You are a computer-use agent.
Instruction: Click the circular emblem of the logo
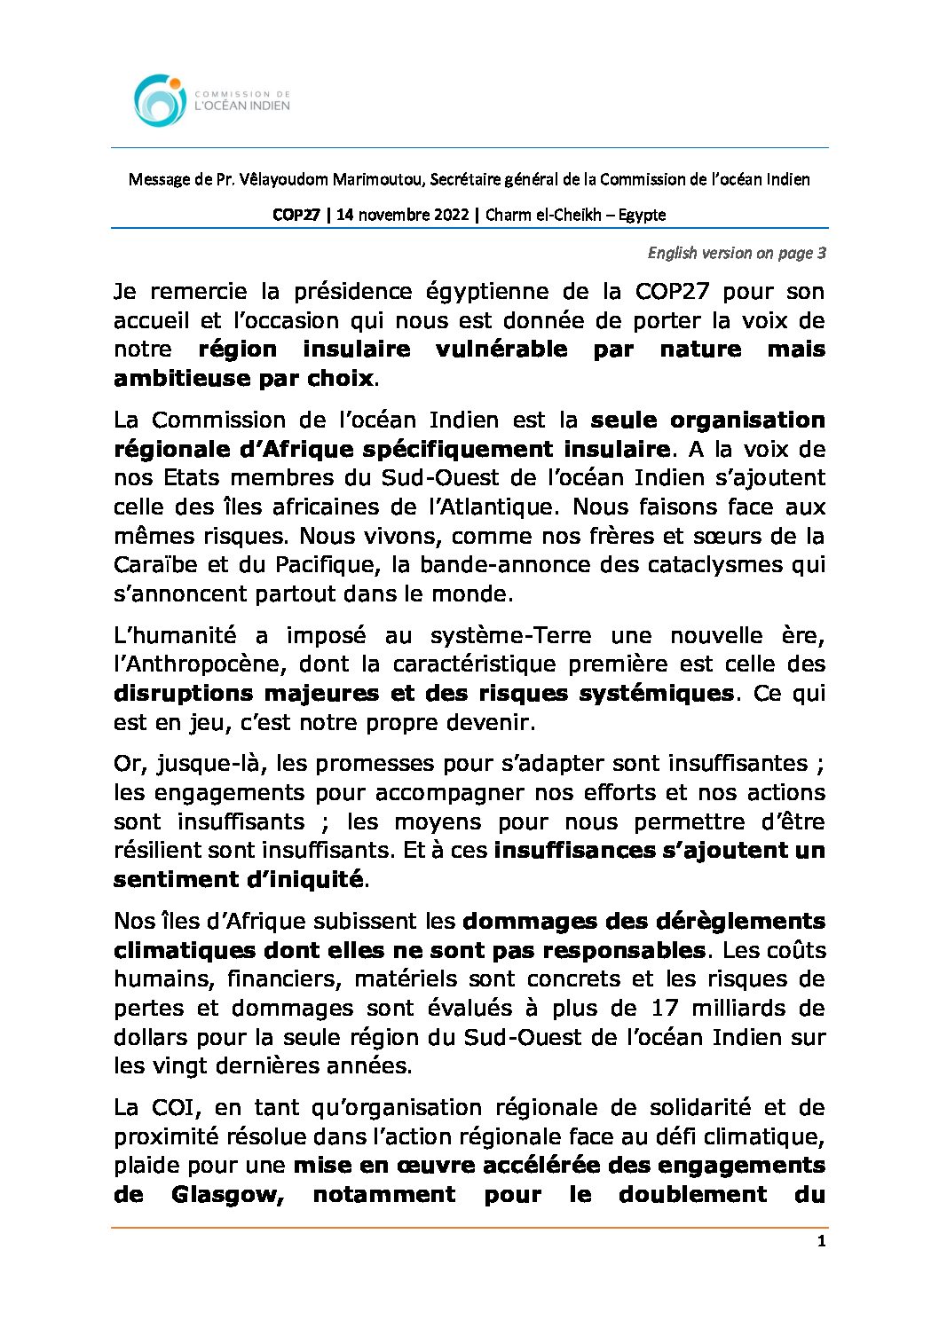pyautogui.click(x=160, y=100)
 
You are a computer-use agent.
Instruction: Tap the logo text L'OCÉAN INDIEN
pyautogui.click(x=241, y=106)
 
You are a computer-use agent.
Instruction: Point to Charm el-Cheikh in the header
pyautogui.click(x=541, y=215)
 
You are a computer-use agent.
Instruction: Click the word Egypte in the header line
pyautogui.click(x=642, y=215)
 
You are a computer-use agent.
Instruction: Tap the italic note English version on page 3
pyautogui.click(x=737, y=253)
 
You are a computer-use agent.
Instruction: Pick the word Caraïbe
pyautogui.click(x=155, y=565)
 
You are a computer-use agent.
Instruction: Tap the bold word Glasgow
pyautogui.click(x=227, y=1195)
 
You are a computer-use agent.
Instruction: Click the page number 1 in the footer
pyautogui.click(x=821, y=1241)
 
